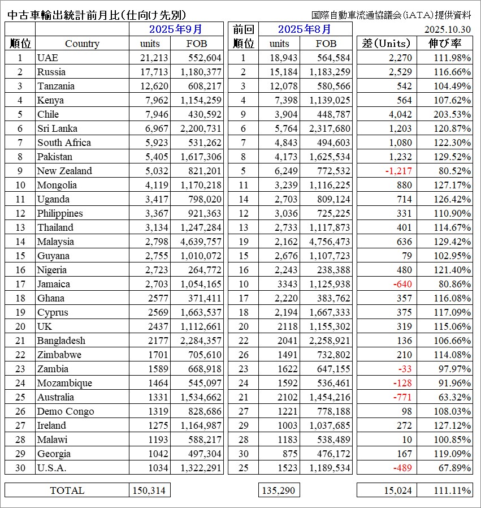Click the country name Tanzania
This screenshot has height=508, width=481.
coord(55,86)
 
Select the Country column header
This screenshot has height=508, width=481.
coord(82,44)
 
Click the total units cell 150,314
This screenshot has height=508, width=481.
coord(149,490)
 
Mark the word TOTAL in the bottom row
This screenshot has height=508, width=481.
coord(67,490)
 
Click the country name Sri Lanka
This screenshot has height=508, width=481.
coord(57,128)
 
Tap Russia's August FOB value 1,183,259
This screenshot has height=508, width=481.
coord(330,72)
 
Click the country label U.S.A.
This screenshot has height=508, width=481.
coord(52,468)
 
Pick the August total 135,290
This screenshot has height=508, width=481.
coord(278,490)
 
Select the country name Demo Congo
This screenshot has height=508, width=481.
coord(66,411)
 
